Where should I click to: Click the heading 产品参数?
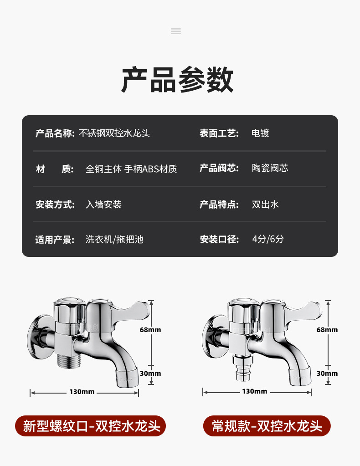177,80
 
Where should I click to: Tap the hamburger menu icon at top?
176,31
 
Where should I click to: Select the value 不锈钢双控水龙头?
114,133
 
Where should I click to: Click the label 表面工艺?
219,133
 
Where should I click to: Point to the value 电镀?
261,133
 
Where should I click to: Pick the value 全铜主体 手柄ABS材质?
131,169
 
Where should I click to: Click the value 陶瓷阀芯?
270,168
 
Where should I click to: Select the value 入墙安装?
104,205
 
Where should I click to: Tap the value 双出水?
265,205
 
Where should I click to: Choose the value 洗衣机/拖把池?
114,240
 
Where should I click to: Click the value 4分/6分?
268,239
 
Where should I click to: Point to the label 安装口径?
219,239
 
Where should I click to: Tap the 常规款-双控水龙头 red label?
267,426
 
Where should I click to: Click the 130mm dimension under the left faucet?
82,392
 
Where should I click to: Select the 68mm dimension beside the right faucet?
327,330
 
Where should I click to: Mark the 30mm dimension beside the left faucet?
150,374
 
